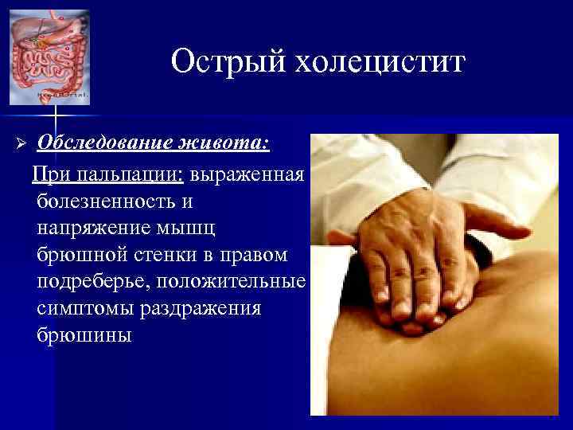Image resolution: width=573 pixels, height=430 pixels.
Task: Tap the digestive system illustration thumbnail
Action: click(49, 57)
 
